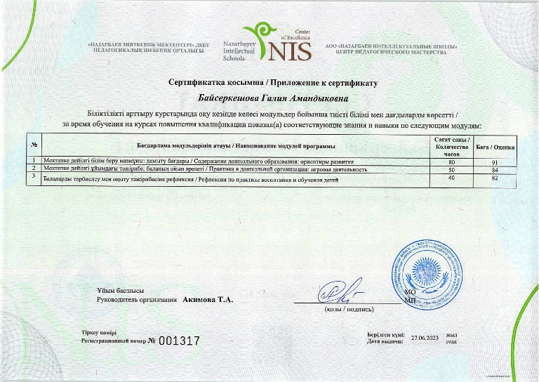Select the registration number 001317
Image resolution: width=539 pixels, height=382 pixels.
(x=180, y=341)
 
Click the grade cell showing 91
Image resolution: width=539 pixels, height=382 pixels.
(x=495, y=162)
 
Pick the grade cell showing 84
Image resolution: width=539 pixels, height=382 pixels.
(x=495, y=169)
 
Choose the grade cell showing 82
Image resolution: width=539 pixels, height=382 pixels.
(x=495, y=178)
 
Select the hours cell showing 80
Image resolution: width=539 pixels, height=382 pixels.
(x=452, y=162)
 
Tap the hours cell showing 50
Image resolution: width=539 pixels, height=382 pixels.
(x=452, y=169)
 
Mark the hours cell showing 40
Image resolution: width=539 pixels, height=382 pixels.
(x=452, y=178)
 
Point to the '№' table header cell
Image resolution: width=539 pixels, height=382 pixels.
(x=33, y=146)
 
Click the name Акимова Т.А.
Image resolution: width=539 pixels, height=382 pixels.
(x=208, y=300)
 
